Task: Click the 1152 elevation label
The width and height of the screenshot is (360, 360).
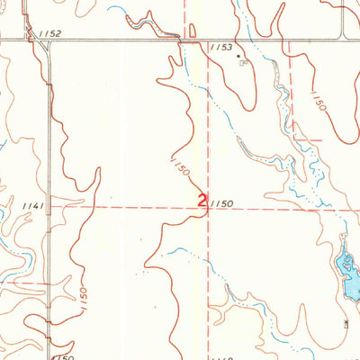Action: tap(50, 33)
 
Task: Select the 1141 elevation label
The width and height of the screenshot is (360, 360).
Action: tap(34, 206)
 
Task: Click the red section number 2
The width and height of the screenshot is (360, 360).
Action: tap(202, 202)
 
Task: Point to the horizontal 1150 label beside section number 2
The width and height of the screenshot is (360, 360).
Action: tap(223, 205)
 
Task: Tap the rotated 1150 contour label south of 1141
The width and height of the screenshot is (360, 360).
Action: tap(84, 294)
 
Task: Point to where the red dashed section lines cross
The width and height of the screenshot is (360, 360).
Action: tap(210, 206)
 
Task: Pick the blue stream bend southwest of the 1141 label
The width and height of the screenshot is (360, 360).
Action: tap(18, 261)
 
